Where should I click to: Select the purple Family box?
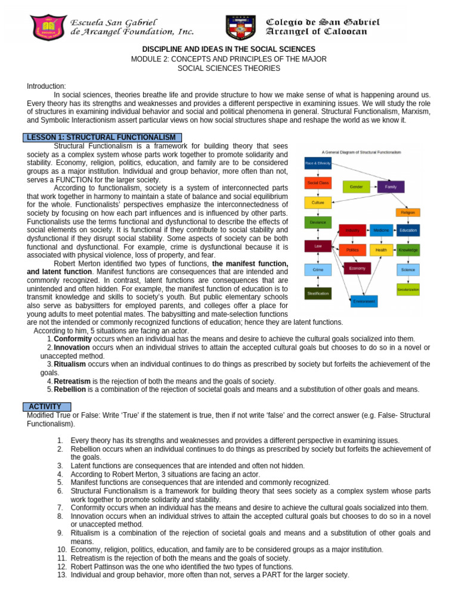coord(391,186)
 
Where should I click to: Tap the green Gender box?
coord(356,186)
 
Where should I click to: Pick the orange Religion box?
coord(408,212)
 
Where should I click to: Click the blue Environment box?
coord(364,301)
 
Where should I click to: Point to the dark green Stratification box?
coord(318,293)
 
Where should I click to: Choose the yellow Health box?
coord(381,250)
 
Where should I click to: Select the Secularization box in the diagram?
coord(408,290)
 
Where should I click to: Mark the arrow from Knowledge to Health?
coord(395,250)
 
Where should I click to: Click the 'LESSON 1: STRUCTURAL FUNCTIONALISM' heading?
coord(103,138)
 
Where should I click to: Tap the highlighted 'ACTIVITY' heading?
coord(45,406)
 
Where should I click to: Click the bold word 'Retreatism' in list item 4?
coord(72,381)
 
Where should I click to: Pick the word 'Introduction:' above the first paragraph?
coord(47,86)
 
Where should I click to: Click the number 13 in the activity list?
coord(61,575)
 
